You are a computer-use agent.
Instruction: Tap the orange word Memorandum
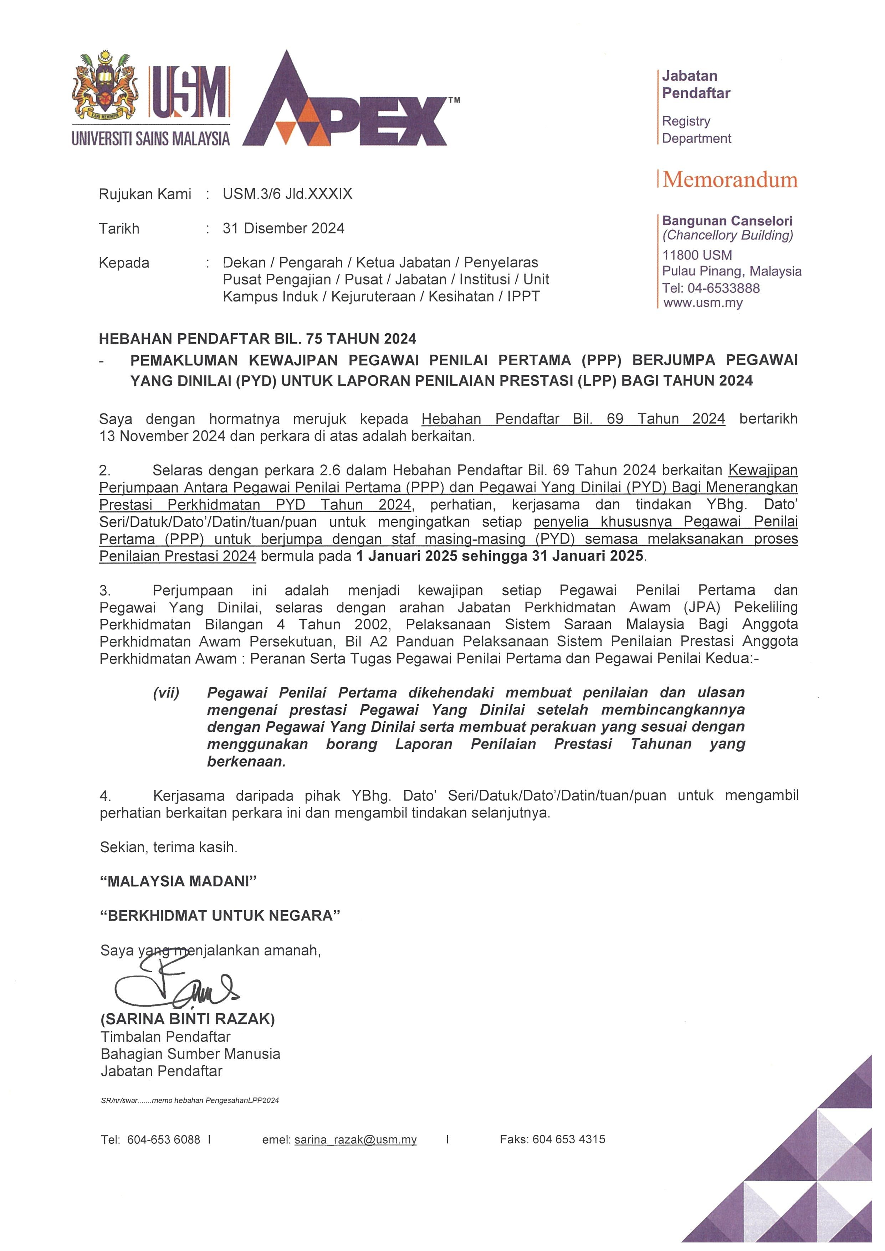click(x=730, y=179)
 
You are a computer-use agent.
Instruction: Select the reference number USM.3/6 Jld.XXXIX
click(x=287, y=194)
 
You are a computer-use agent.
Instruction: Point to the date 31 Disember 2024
click(x=283, y=228)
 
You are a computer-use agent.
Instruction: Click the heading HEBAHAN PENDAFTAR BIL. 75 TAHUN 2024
click(x=257, y=339)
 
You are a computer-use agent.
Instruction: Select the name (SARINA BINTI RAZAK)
click(x=188, y=1019)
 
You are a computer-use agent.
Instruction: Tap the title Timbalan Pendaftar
click(x=166, y=1036)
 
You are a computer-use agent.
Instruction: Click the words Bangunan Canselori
click(x=727, y=221)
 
